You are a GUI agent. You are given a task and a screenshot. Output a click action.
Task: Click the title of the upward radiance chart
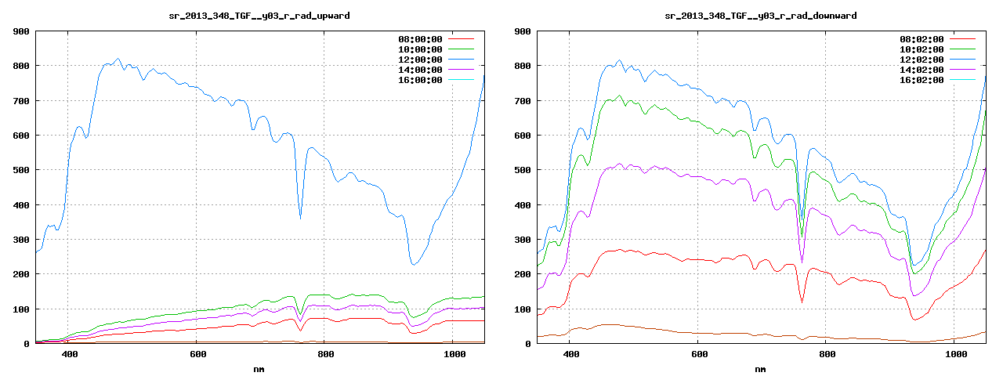point(259,16)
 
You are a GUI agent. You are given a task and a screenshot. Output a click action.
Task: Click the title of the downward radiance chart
point(761,16)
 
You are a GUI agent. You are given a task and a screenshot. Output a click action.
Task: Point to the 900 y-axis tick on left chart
point(21,31)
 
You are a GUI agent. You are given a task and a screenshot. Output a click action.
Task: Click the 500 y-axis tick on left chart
point(21,170)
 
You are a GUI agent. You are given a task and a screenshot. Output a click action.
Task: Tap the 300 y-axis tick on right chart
point(523,240)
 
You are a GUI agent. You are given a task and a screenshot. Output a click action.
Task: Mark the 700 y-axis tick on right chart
point(523,101)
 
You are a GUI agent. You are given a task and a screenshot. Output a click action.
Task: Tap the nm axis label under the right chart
point(761,368)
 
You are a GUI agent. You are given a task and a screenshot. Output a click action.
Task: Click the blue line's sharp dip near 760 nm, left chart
point(300,217)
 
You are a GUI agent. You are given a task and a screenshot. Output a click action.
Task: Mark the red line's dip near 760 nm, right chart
point(802,301)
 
